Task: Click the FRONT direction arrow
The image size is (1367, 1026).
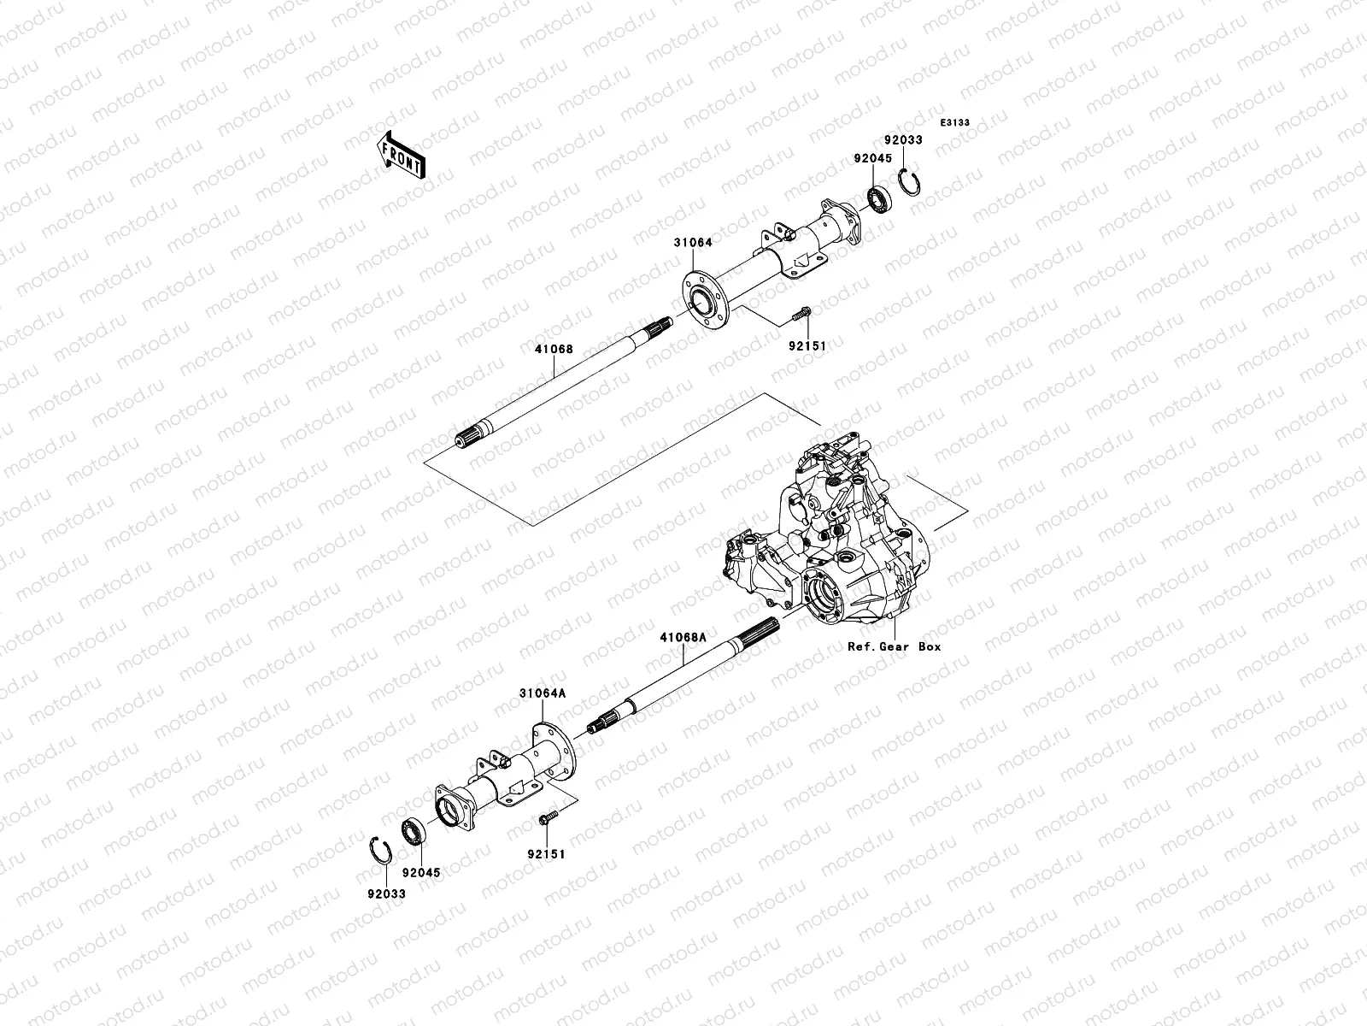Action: tap(402, 155)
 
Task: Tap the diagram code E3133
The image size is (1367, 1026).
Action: tap(954, 123)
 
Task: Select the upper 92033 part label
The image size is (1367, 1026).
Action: tap(903, 140)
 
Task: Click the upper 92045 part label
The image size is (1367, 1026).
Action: tap(872, 159)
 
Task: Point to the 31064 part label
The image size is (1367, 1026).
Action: tap(693, 242)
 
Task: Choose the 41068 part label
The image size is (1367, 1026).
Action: tap(554, 350)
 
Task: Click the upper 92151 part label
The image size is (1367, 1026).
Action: tap(807, 345)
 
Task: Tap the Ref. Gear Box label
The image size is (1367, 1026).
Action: tap(895, 646)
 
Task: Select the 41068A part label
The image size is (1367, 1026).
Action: tap(683, 637)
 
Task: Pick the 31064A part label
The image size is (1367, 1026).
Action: tap(543, 693)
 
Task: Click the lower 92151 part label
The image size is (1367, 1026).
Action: tap(546, 854)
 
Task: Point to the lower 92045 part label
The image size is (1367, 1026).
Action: tap(421, 873)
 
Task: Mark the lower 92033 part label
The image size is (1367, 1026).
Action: tap(386, 894)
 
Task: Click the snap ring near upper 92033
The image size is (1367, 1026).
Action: tap(909, 182)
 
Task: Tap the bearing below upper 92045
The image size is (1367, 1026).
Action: tap(879, 199)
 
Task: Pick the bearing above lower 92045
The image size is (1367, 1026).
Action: tap(414, 832)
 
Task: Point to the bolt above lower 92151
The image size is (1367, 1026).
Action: tap(548, 817)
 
